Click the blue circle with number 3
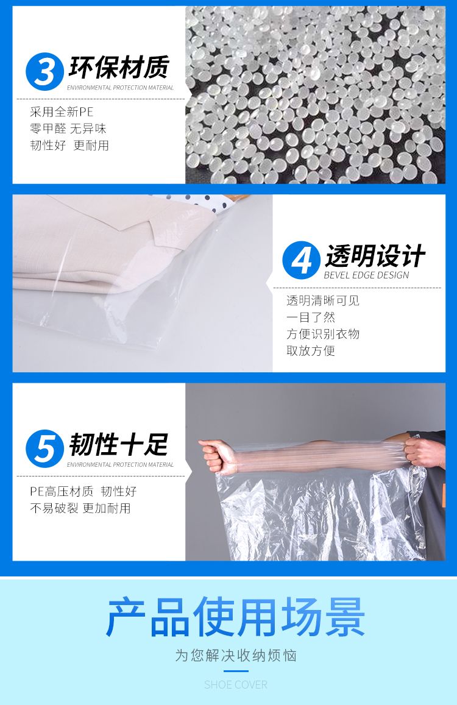click(x=44, y=71)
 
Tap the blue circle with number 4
click(x=302, y=260)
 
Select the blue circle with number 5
click(x=44, y=448)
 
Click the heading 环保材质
click(x=119, y=67)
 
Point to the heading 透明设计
click(x=375, y=256)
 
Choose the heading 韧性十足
click(x=119, y=444)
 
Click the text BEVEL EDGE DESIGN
click(x=367, y=275)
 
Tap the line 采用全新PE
click(x=62, y=112)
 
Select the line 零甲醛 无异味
click(x=68, y=129)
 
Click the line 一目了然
click(x=311, y=317)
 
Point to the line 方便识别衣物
click(x=323, y=334)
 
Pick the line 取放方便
click(x=311, y=351)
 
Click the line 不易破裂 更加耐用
click(x=80, y=508)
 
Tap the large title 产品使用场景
click(x=235, y=617)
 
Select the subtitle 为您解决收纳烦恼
click(x=236, y=656)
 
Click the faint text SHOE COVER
click(x=236, y=685)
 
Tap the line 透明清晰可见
click(x=323, y=301)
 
